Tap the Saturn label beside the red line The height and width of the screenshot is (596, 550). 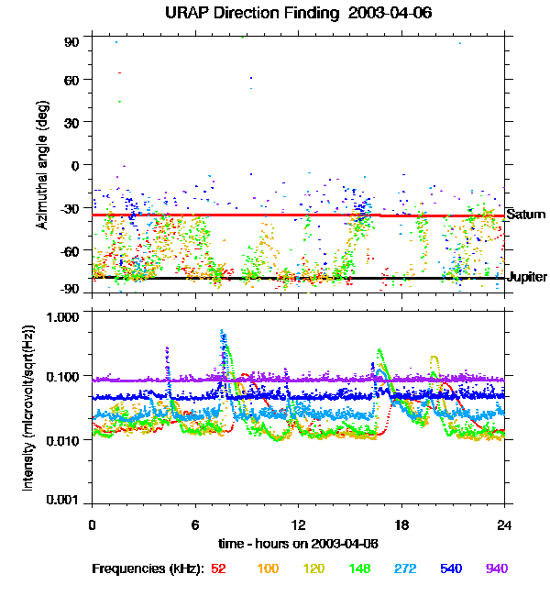[x=525, y=215]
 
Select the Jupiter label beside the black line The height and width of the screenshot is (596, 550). [x=527, y=277]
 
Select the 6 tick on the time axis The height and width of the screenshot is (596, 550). [x=195, y=524]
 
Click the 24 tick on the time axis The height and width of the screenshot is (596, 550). [x=505, y=524]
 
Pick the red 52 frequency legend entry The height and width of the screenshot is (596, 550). [x=219, y=568]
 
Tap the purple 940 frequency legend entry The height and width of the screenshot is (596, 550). [x=497, y=568]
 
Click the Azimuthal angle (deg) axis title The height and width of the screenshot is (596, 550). [x=41, y=165]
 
